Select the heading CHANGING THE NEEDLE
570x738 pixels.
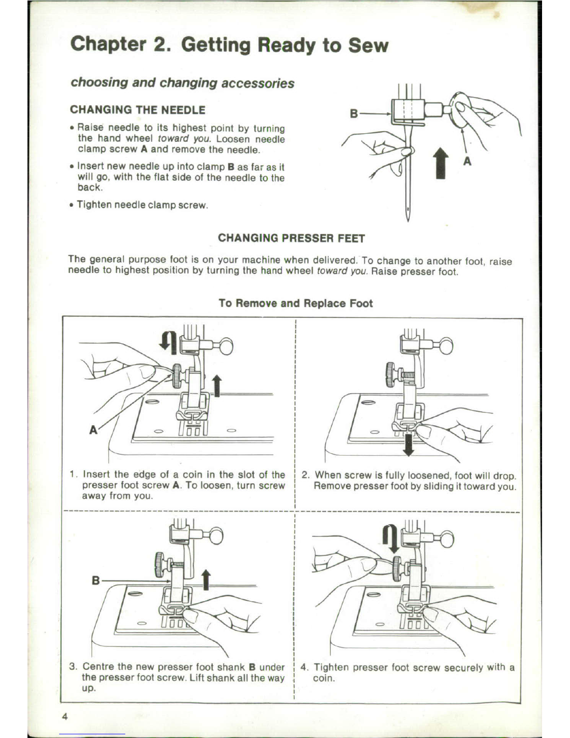pos(137,110)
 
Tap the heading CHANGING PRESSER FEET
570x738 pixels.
pos(292,239)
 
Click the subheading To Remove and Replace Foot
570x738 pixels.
pos(296,303)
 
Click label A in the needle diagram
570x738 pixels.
pos(468,161)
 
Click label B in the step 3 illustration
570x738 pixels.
pos(95,581)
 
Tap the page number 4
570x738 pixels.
pos(65,717)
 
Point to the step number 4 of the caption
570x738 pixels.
pos(304,667)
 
